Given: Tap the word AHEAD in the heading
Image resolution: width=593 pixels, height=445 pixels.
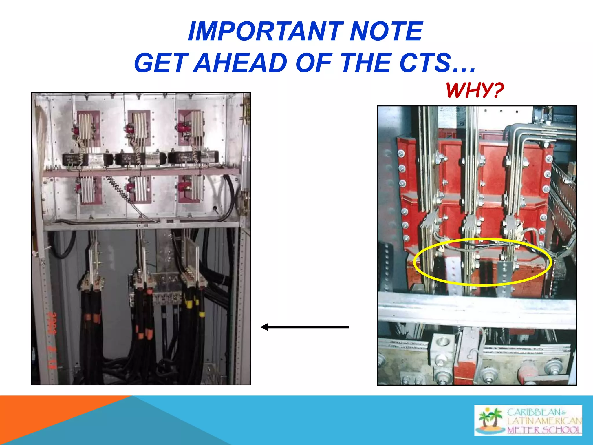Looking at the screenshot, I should (240, 63).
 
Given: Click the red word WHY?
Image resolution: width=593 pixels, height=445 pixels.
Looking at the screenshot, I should (475, 90).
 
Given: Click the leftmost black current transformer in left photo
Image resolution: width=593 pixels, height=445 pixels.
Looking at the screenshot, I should (75, 159).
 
